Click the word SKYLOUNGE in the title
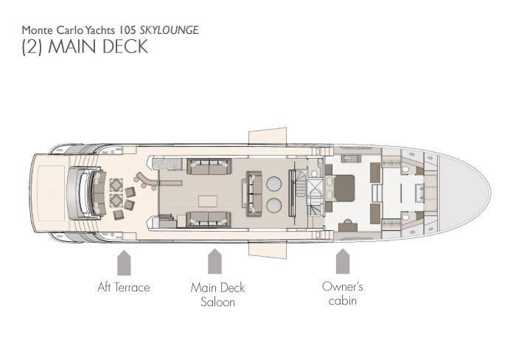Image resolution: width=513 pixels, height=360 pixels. pos(169,30)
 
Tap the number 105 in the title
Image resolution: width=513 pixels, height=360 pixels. pos(127,30)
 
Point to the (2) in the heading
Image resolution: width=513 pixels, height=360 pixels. pos(32,46)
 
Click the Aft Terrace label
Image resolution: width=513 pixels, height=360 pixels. pos(124,287)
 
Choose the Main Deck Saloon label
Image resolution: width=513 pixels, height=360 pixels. pos(217,294)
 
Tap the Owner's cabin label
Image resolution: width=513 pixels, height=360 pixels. pos(342,294)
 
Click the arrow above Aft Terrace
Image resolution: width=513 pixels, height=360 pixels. pos(124,263)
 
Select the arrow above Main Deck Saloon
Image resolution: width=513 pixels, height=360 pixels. pos(214,261)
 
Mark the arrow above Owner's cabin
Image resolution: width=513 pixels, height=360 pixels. pos(343,261)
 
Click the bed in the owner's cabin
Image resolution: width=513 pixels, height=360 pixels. pos(341,188)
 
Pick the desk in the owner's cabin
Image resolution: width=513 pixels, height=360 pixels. pos(348,226)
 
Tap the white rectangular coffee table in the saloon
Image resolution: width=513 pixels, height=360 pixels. pos(208,201)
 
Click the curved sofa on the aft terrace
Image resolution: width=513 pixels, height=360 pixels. pos(98,193)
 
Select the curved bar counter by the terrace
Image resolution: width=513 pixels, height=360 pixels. pos(146,181)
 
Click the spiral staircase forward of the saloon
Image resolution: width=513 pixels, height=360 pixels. pos(301,184)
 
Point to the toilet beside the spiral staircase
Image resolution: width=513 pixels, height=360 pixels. pos(314,173)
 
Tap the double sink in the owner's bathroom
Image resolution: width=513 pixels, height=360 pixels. pos(419,193)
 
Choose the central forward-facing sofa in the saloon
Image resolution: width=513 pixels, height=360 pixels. pos(254,194)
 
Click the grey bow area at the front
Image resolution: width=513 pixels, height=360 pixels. pos(463,193)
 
